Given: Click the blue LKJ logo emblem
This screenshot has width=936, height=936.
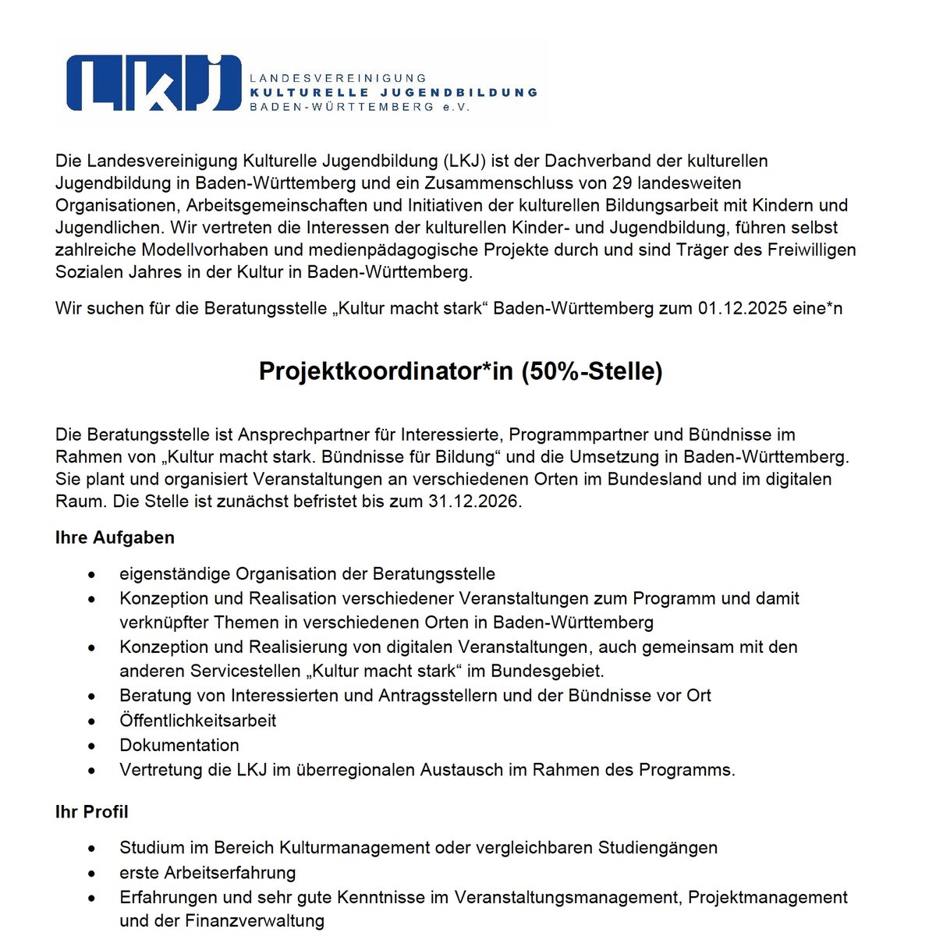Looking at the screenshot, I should (153, 83).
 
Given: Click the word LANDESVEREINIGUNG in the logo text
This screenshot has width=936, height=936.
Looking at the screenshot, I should (338, 78).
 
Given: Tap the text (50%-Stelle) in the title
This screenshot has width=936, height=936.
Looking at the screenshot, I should (591, 371).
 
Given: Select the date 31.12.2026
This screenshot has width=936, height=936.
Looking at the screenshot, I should (473, 502).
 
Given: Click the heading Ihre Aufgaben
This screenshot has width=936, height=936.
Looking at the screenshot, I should (115, 538).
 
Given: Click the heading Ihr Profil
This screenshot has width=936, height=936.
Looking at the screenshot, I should (92, 812).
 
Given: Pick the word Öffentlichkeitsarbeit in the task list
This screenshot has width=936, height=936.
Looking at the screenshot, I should (197, 721).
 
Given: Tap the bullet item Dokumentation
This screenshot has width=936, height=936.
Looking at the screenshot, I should (179, 746).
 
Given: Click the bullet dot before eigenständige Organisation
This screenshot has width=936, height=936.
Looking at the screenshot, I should (92, 575).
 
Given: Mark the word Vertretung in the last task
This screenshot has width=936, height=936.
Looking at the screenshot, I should (161, 771).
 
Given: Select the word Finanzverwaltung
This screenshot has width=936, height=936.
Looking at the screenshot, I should (254, 921).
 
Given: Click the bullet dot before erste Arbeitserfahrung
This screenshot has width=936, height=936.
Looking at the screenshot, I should (92, 874).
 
